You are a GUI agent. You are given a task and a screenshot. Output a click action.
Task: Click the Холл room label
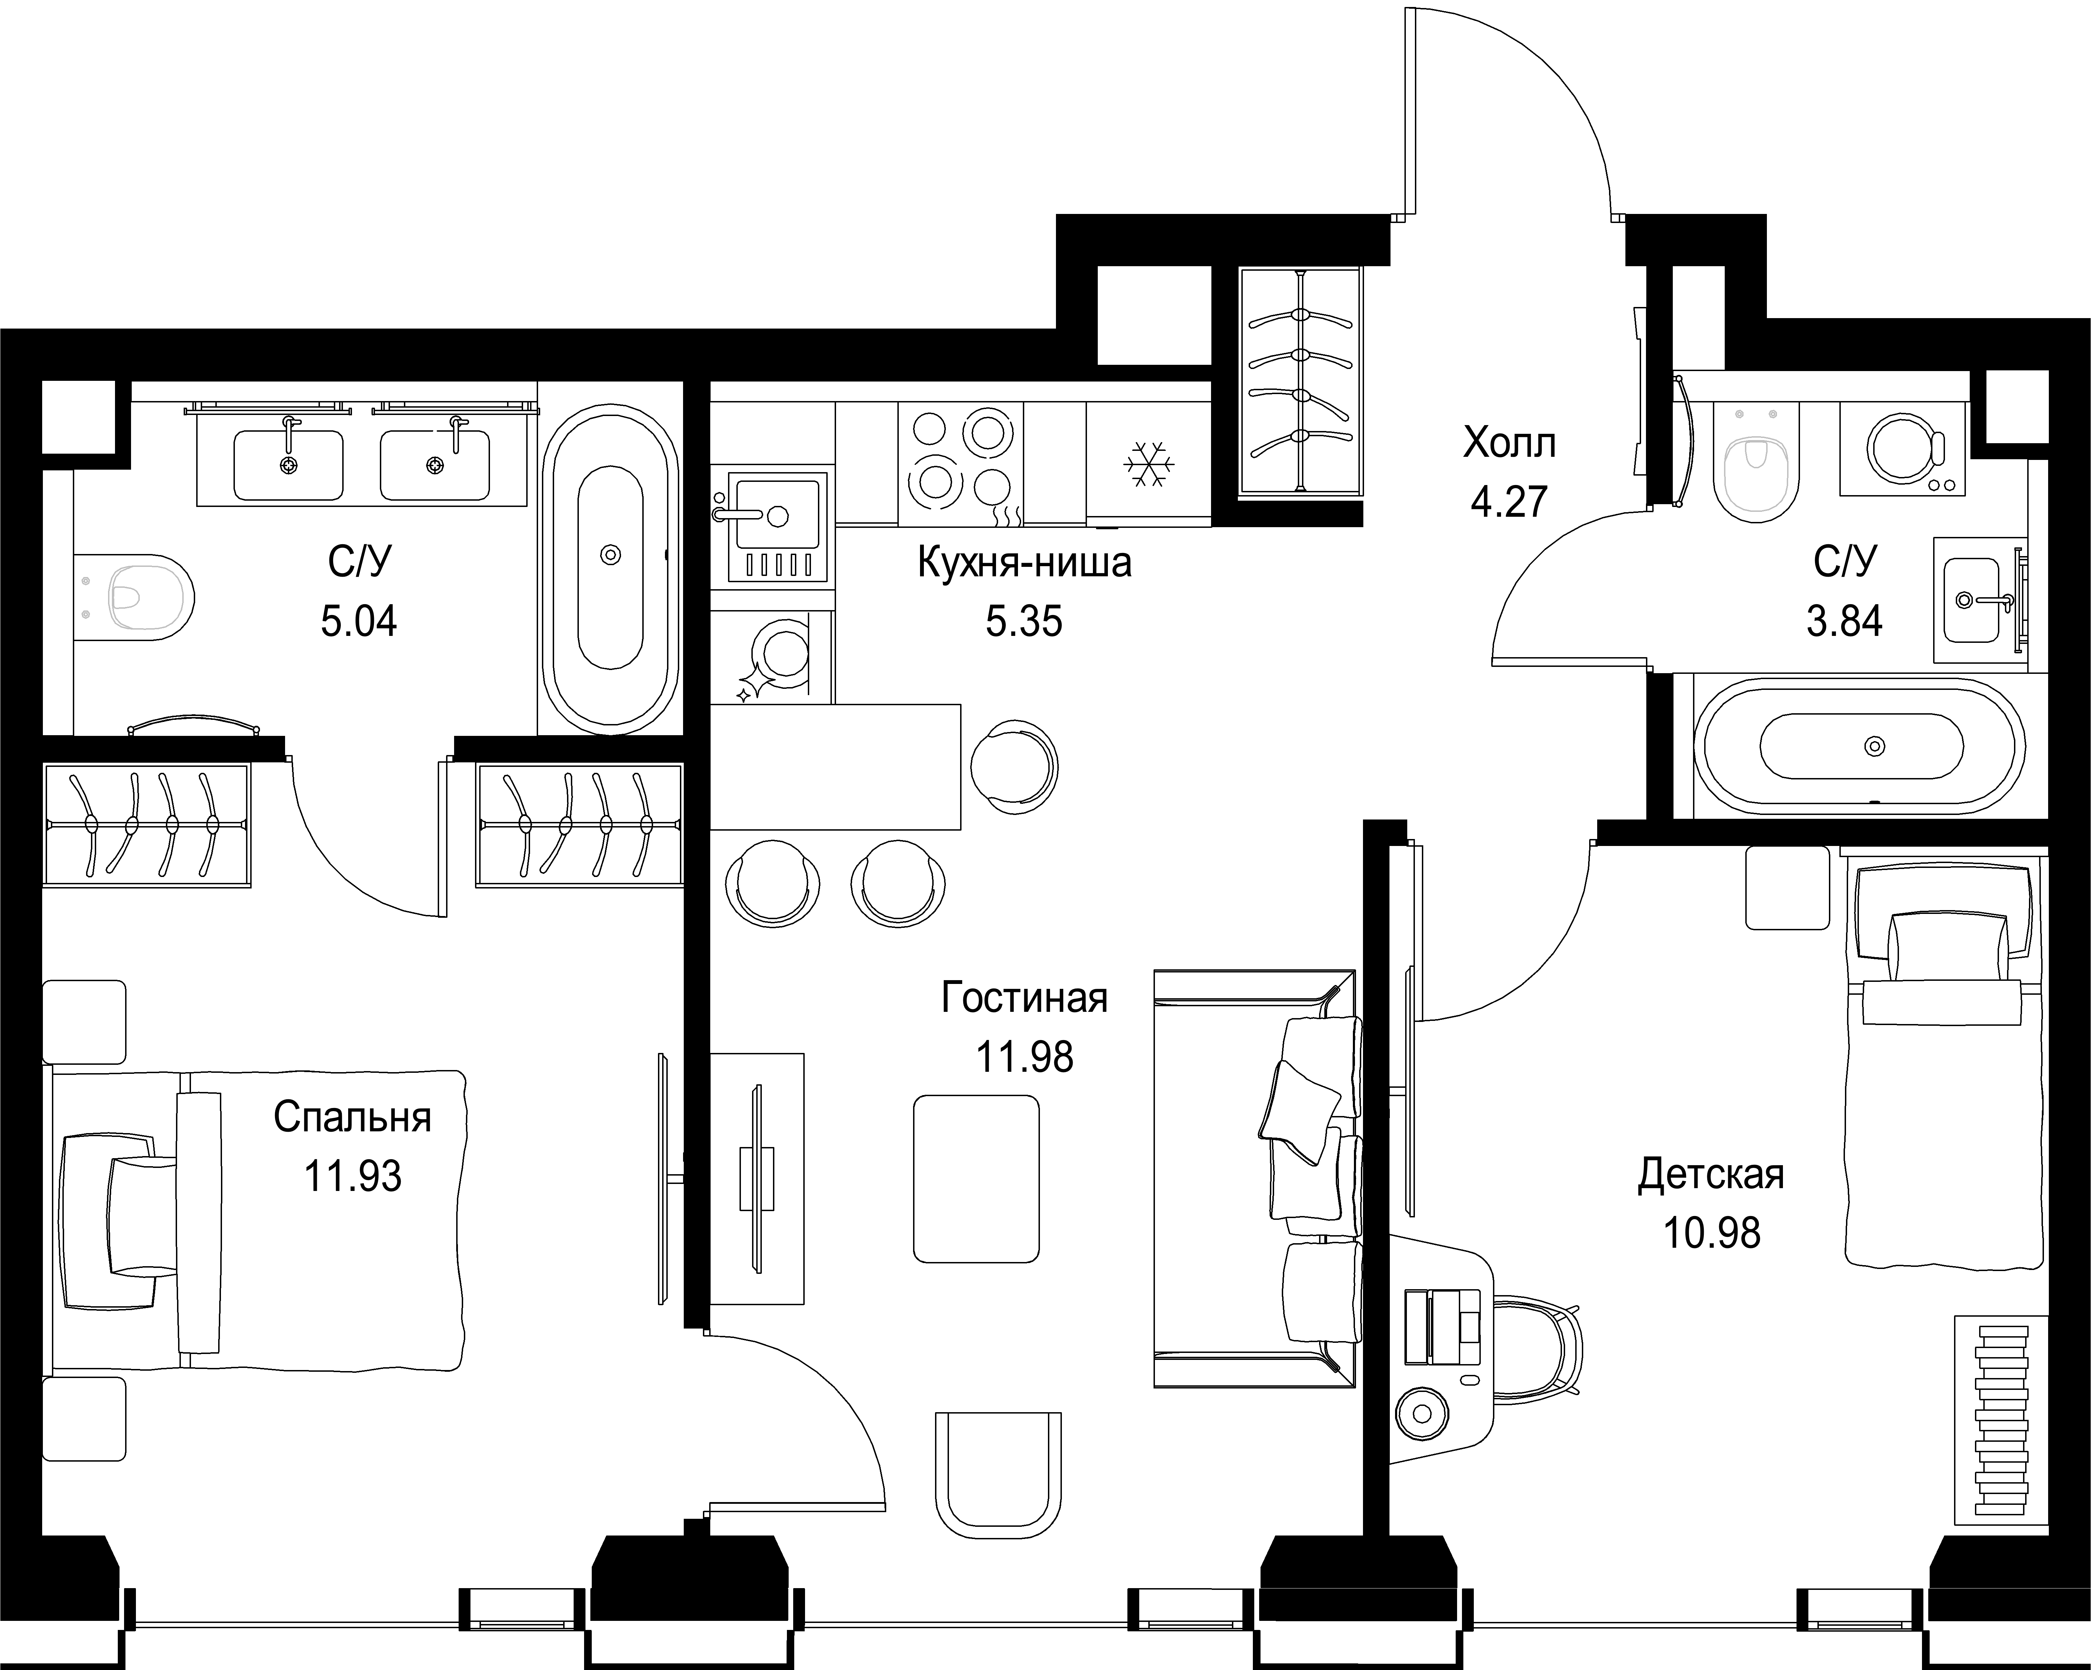pyautogui.click(x=1509, y=443)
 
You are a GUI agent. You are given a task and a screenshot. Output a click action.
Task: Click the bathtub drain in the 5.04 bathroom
pyautogui.click(x=610, y=555)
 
